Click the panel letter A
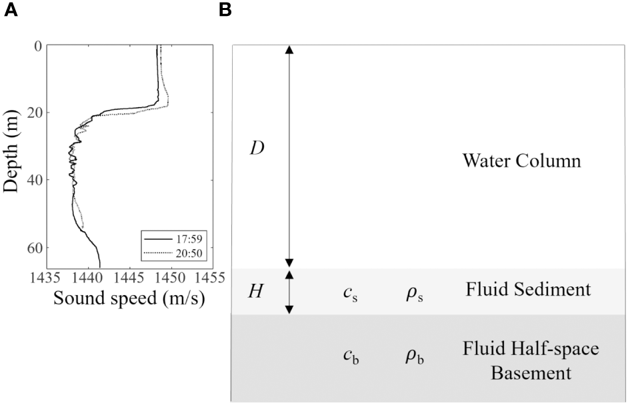[11, 11]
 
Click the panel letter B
[225, 11]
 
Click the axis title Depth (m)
[11, 151]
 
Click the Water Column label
[521, 162]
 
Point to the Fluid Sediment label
[527, 290]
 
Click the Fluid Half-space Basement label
[531, 360]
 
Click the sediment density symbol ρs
[414, 292]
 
